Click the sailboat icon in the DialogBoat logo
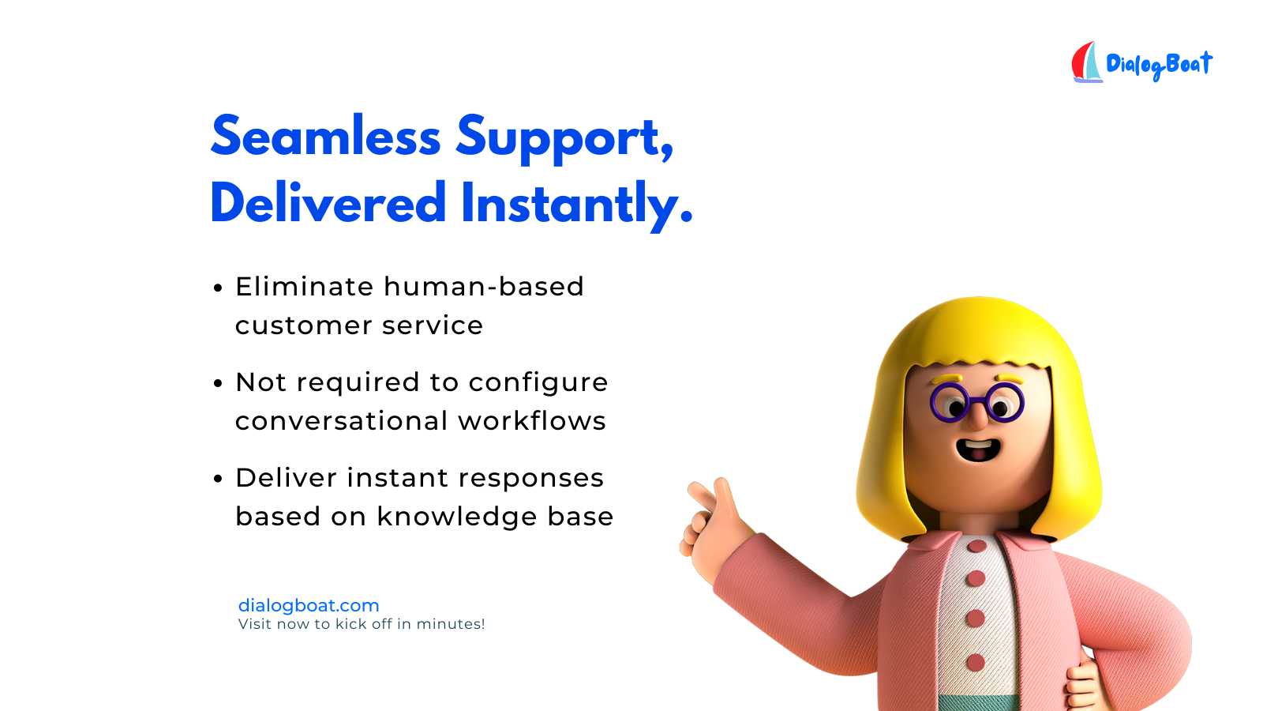pyautogui.click(x=1086, y=62)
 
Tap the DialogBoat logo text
pyautogui.click(x=1160, y=66)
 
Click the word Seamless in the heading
pyautogui.click(x=326, y=136)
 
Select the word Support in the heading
pyautogui.click(x=564, y=139)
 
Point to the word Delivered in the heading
pyautogui.click(x=328, y=202)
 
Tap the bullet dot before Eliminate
pyautogui.click(x=218, y=288)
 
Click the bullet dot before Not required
pyautogui.click(x=218, y=384)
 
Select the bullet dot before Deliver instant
pyautogui.click(x=218, y=479)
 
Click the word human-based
pyautogui.click(x=484, y=287)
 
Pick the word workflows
pyautogui.click(x=532, y=421)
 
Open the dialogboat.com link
pyautogui.click(x=309, y=605)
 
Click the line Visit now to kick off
pyautogui.click(x=362, y=624)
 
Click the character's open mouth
pyautogui.click(x=978, y=450)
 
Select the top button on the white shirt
pyautogui.click(x=976, y=546)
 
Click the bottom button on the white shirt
pyautogui.click(x=976, y=663)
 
